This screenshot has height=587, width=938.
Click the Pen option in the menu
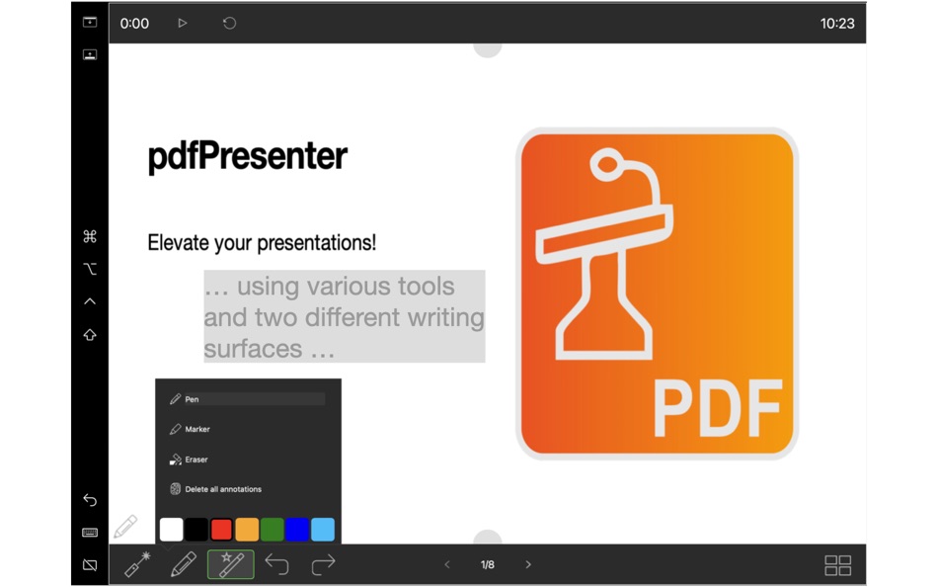pyautogui.click(x=192, y=399)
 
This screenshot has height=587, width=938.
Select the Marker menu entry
pyautogui.click(x=196, y=430)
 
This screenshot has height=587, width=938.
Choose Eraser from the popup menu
pyautogui.click(x=195, y=460)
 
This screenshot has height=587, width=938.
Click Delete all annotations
pyautogui.click(x=222, y=489)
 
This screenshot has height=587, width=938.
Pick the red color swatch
pyautogui.click(x=222, y=530)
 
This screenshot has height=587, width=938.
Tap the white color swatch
pyautogui.click(x=172, y=530)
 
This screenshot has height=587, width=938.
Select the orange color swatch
pyautogui.click(x=247, y=530)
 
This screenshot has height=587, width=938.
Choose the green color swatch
pyautogui.click(x=273, y=530)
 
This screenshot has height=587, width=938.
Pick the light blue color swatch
pyautogui.click(x=323, y=530)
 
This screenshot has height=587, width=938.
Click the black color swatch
pyautogui.click(x=196, y=530)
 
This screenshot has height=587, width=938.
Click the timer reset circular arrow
pyautogui.click(x=229, y=23)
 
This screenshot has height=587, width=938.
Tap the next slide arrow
pyautogui.click(x=528, y=565)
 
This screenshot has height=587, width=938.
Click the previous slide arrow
pyautogui.click(x=447, y=565)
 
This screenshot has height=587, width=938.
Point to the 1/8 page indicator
pyautogui.click(x=488, y=565)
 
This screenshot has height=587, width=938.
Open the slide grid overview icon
pyautogui.click(x=837, y=565)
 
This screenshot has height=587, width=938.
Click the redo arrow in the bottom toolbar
pyautogui.click(x=323, y=565)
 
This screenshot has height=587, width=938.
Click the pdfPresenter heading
pyautogui.click(x=247, y=156)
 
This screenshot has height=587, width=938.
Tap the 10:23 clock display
pyautogui.click(x=837, y=23)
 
